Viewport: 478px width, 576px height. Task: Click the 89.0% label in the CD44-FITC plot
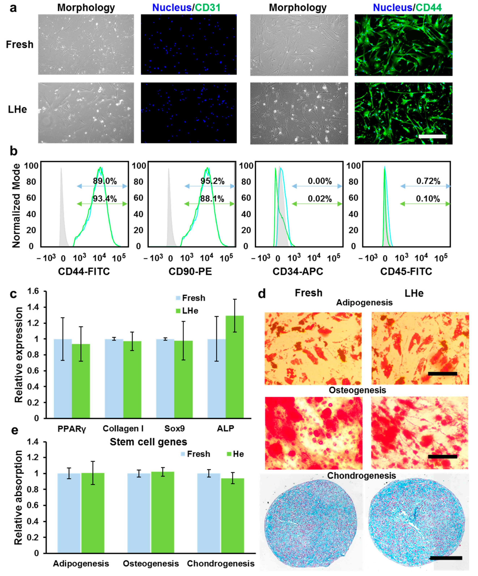pos(105,181)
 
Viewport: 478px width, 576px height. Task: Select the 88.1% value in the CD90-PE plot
pos(212,199)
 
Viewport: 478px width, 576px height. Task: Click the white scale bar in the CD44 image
pos(432,136)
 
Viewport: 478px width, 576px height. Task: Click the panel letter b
pos(14,151)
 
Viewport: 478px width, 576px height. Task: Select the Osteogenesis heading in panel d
pos(357,390)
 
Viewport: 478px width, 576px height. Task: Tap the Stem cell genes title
pos(148,442)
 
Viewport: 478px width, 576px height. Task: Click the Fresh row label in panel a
pos(20,45)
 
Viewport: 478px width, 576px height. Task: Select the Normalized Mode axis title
pos(16,206)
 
